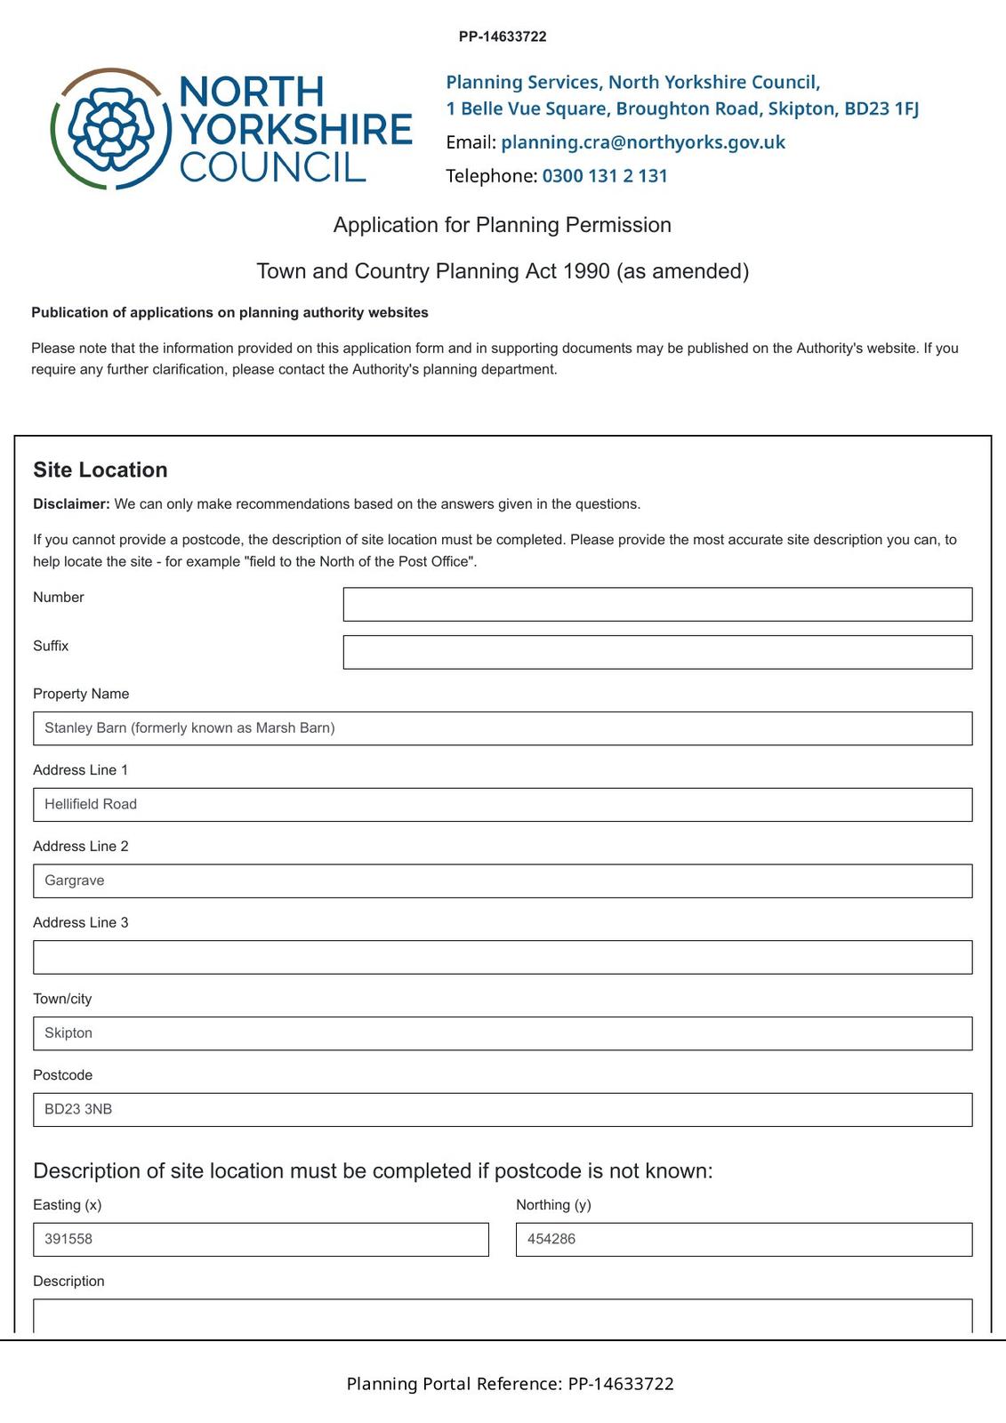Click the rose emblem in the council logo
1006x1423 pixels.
110,129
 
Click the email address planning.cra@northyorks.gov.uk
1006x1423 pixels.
642,142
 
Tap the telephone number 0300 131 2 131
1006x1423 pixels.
604,176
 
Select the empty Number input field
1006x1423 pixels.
657,604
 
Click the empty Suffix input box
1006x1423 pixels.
657,652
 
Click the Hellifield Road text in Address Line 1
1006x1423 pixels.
91,805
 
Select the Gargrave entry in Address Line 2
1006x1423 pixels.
75,880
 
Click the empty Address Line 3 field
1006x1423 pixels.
503,957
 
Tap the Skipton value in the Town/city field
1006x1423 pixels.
68,1033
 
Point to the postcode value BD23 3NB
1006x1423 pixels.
78,1110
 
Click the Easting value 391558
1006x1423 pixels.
68,1240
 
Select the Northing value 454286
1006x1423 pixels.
551,1240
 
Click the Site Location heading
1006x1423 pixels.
101,470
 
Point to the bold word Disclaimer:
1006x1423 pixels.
71,504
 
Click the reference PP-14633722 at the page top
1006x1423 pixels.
503,36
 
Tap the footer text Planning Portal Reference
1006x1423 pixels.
454,1384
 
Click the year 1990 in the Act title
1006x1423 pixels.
586,271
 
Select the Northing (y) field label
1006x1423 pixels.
553,1205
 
